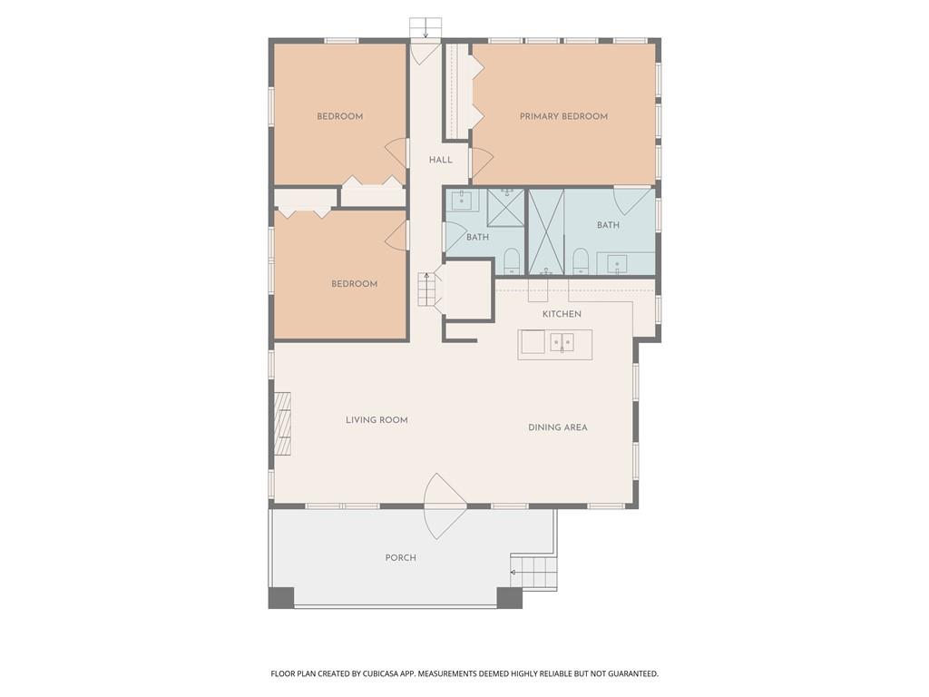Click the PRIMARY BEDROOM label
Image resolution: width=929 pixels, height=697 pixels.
point(563,116)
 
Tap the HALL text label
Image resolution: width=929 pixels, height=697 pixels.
point(441,160)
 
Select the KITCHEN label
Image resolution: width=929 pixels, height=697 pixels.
point(562,314)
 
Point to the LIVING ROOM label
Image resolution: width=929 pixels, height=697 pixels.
point(376,420)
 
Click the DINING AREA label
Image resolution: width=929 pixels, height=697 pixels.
point(558,427)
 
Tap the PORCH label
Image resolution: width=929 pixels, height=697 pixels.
point(400,557)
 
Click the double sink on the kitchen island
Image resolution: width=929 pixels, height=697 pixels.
point(562,342)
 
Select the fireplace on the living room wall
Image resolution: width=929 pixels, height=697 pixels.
point(282,423)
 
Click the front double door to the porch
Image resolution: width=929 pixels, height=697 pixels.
point(445,506)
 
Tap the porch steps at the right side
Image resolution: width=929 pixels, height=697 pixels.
point(533,573)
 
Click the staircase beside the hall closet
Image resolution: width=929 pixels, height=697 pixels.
point(426,289)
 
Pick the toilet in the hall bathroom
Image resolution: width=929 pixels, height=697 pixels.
point(512,260)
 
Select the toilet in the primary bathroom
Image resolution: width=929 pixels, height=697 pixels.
point(581,261)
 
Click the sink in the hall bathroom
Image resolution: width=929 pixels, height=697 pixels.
point(463,200)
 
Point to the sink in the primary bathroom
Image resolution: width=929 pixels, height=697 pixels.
point(617,264)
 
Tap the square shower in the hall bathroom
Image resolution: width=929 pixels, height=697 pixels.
point(506,208)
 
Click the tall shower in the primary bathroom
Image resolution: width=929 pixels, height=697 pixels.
point(546,231)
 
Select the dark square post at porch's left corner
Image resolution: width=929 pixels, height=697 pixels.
point(281,598)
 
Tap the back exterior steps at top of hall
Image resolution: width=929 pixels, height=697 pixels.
point(425,27)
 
